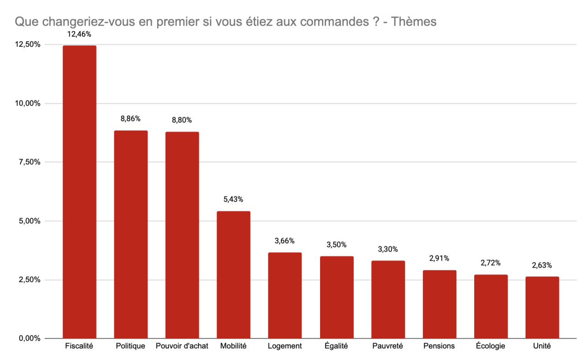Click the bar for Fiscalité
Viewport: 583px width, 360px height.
click(x=79, y=192)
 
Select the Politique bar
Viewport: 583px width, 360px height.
click(x=131, y=235)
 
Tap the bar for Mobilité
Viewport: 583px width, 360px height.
click(x=234, y=274)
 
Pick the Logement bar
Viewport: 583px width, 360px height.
click(x=285, y=296)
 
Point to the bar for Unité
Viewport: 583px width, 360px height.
click(x=542, y=307)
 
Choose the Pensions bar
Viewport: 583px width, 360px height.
click(x=439, y=304)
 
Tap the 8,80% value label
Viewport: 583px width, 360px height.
click(x=182, y=120)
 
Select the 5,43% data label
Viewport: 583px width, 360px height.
click(x=234, y=199)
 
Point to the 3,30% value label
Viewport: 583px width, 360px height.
click(x=388, y=249)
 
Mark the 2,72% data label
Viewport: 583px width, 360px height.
click(x=491, y=263)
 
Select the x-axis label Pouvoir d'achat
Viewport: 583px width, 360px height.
click(x=182, y=346)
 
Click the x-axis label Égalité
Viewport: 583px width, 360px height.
click(x=337, y=346)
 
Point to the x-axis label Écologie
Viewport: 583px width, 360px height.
click(x=491, y=346)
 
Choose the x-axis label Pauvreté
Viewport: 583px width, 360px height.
click(x=388, y=346)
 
